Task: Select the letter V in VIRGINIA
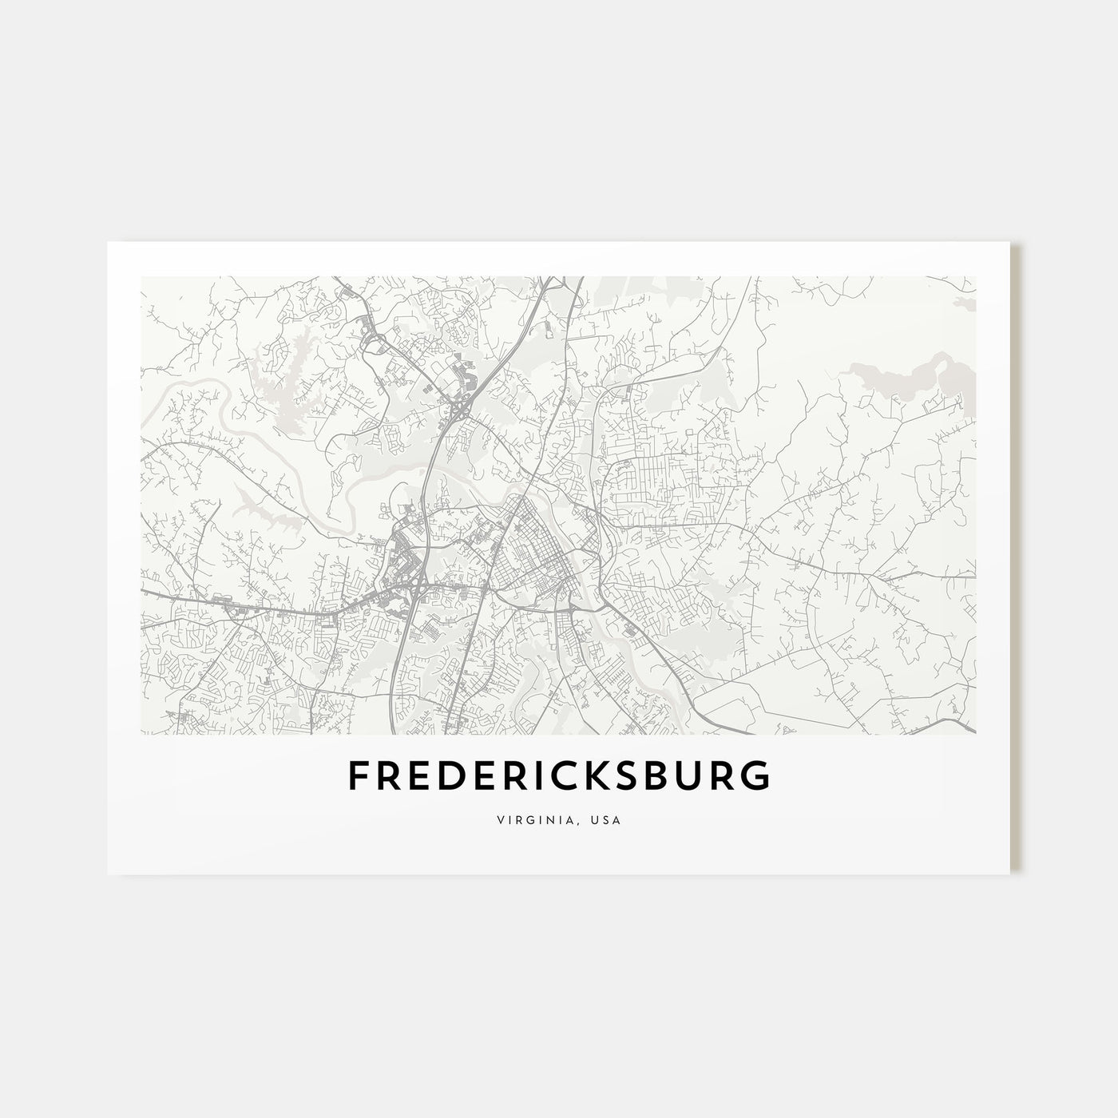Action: pyautogui.click(x=498, y=819)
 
